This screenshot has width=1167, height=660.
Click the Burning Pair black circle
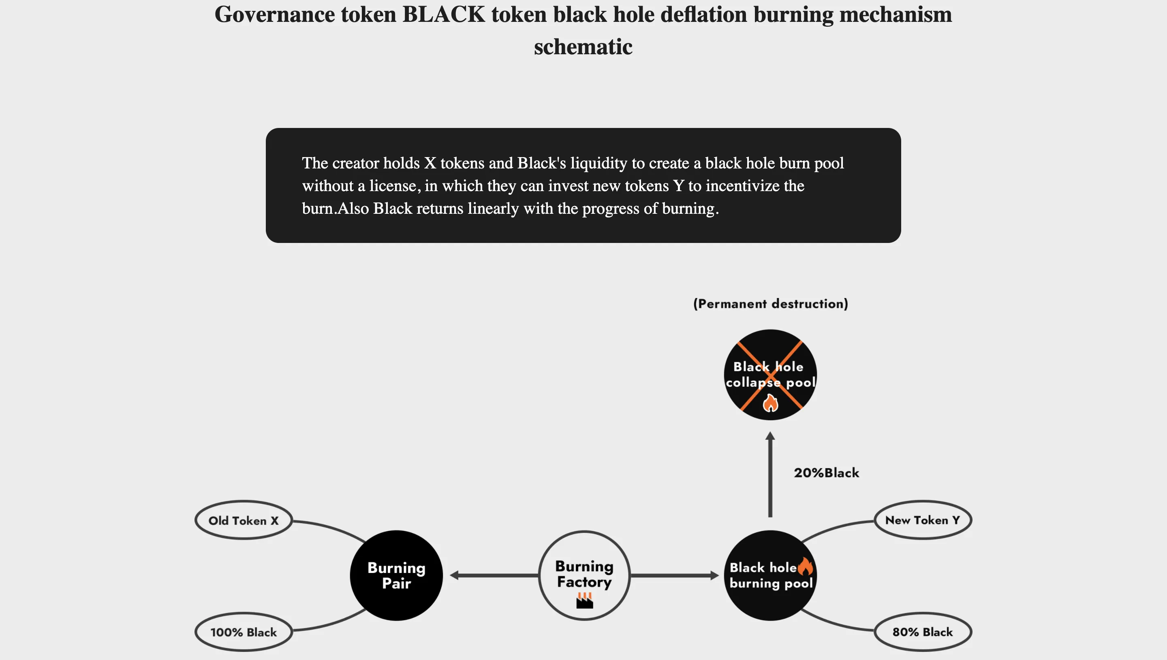click(396, 575)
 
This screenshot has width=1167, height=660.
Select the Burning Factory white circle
click(584, 575)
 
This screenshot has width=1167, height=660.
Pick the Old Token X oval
click(243, 520)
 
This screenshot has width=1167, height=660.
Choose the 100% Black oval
click(243, 632)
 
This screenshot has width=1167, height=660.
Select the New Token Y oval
click(922, 520)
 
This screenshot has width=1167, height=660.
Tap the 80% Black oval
click(922, 632)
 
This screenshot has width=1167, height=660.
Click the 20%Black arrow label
click(826, 473)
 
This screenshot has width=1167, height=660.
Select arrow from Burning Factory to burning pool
click(674, 575)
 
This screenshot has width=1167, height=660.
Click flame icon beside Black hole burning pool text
click(805, 566)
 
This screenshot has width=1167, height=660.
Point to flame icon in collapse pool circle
click(770, 402)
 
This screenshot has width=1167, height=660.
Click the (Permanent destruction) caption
click(770, 304)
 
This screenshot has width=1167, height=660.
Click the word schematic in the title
click(583, 47)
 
